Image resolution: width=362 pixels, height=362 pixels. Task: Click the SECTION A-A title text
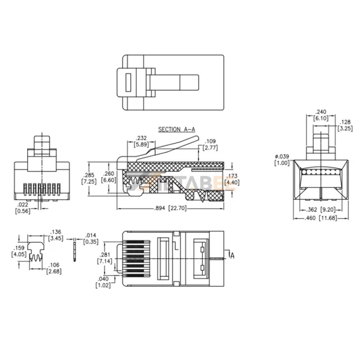pos(175,130)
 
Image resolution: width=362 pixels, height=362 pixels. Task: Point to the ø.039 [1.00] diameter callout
pos(281,160)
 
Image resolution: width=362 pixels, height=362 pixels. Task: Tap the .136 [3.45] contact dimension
pos(56,235)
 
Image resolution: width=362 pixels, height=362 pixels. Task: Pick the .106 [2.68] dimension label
pos(54,268)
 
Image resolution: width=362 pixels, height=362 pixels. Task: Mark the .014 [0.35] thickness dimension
pos(91,238)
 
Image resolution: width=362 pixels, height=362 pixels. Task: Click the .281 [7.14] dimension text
pos(104,259)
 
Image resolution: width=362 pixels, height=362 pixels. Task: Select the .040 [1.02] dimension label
pos(103,282)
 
